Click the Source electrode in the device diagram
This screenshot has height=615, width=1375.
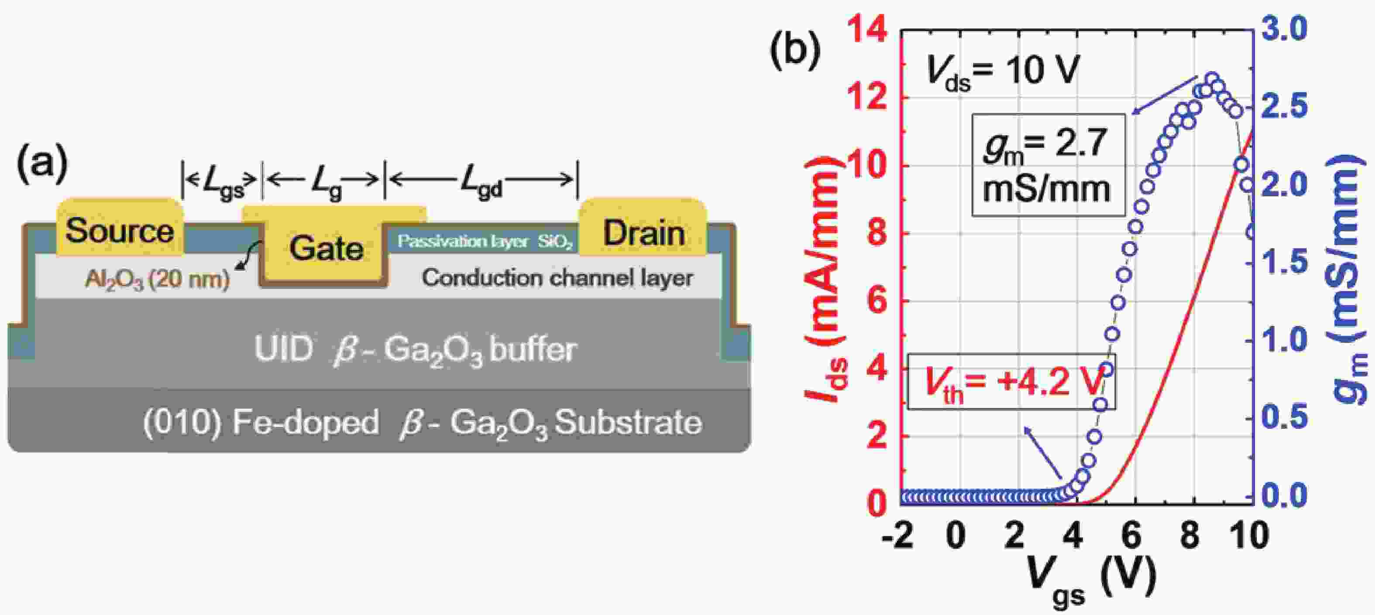[120, 227]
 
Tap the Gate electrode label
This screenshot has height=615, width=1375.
[326, 249]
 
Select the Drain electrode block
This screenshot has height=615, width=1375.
[643, 227]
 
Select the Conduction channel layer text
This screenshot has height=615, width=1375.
[557, 277]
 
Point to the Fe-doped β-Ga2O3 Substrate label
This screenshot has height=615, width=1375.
[422, 424]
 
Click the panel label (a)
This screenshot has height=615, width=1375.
[43, 164]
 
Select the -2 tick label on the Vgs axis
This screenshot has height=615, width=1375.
[897, 535]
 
